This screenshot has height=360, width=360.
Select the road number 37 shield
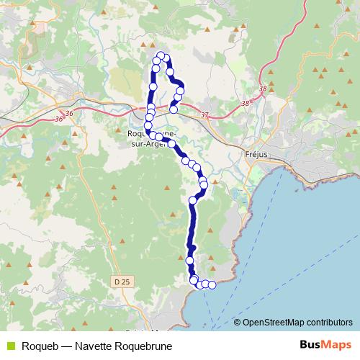point(204,116)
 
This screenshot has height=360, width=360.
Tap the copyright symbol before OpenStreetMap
point(238,323)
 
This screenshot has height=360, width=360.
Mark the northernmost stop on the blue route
point(161,55)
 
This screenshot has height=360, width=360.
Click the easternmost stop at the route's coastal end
point(212,284)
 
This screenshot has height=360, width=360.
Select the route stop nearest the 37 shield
point(174,109)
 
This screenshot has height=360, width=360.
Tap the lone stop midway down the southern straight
point(190,260)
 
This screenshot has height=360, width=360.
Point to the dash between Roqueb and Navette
point(66,346)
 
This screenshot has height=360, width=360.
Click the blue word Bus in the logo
point(309,345)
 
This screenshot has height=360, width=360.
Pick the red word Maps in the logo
point(336,345)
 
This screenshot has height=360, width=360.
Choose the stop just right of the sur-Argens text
point(172,144)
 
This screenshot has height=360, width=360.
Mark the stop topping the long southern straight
point(193,199)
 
